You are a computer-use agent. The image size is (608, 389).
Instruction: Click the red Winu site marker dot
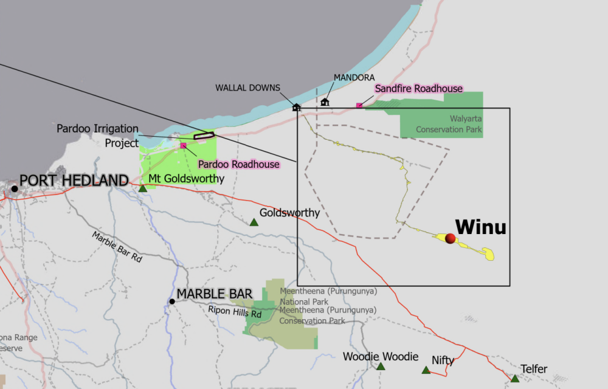pos(450,239)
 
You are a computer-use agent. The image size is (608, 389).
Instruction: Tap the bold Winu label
pos(480,227)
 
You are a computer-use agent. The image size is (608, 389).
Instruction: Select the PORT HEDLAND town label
pos(74,181)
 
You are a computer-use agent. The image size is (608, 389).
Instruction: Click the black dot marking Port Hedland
pos(15,188)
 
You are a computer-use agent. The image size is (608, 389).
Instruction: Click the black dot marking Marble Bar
pos(172,301)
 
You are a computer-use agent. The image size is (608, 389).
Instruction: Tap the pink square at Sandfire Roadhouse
pos(359,106)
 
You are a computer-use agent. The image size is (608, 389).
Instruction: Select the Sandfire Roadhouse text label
pos(418,89)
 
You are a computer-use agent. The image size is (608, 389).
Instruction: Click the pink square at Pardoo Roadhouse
pos(183,145)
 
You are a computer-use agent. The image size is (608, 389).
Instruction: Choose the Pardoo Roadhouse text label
pos(239,164)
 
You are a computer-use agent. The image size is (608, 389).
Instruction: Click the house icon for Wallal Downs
pos(296,107)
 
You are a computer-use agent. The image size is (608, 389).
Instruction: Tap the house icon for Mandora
pos(325,102)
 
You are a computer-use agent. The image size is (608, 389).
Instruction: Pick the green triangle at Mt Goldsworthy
pos(142,188)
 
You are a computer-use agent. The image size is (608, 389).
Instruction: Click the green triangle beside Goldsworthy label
pos(254,222)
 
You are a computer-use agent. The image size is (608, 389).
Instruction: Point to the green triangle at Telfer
pos(515,378)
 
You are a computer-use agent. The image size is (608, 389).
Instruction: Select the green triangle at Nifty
pos(426,370)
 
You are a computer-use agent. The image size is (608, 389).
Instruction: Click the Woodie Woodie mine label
pos(381,357)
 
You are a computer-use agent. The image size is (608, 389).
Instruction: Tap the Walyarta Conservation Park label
pos(449,124)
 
